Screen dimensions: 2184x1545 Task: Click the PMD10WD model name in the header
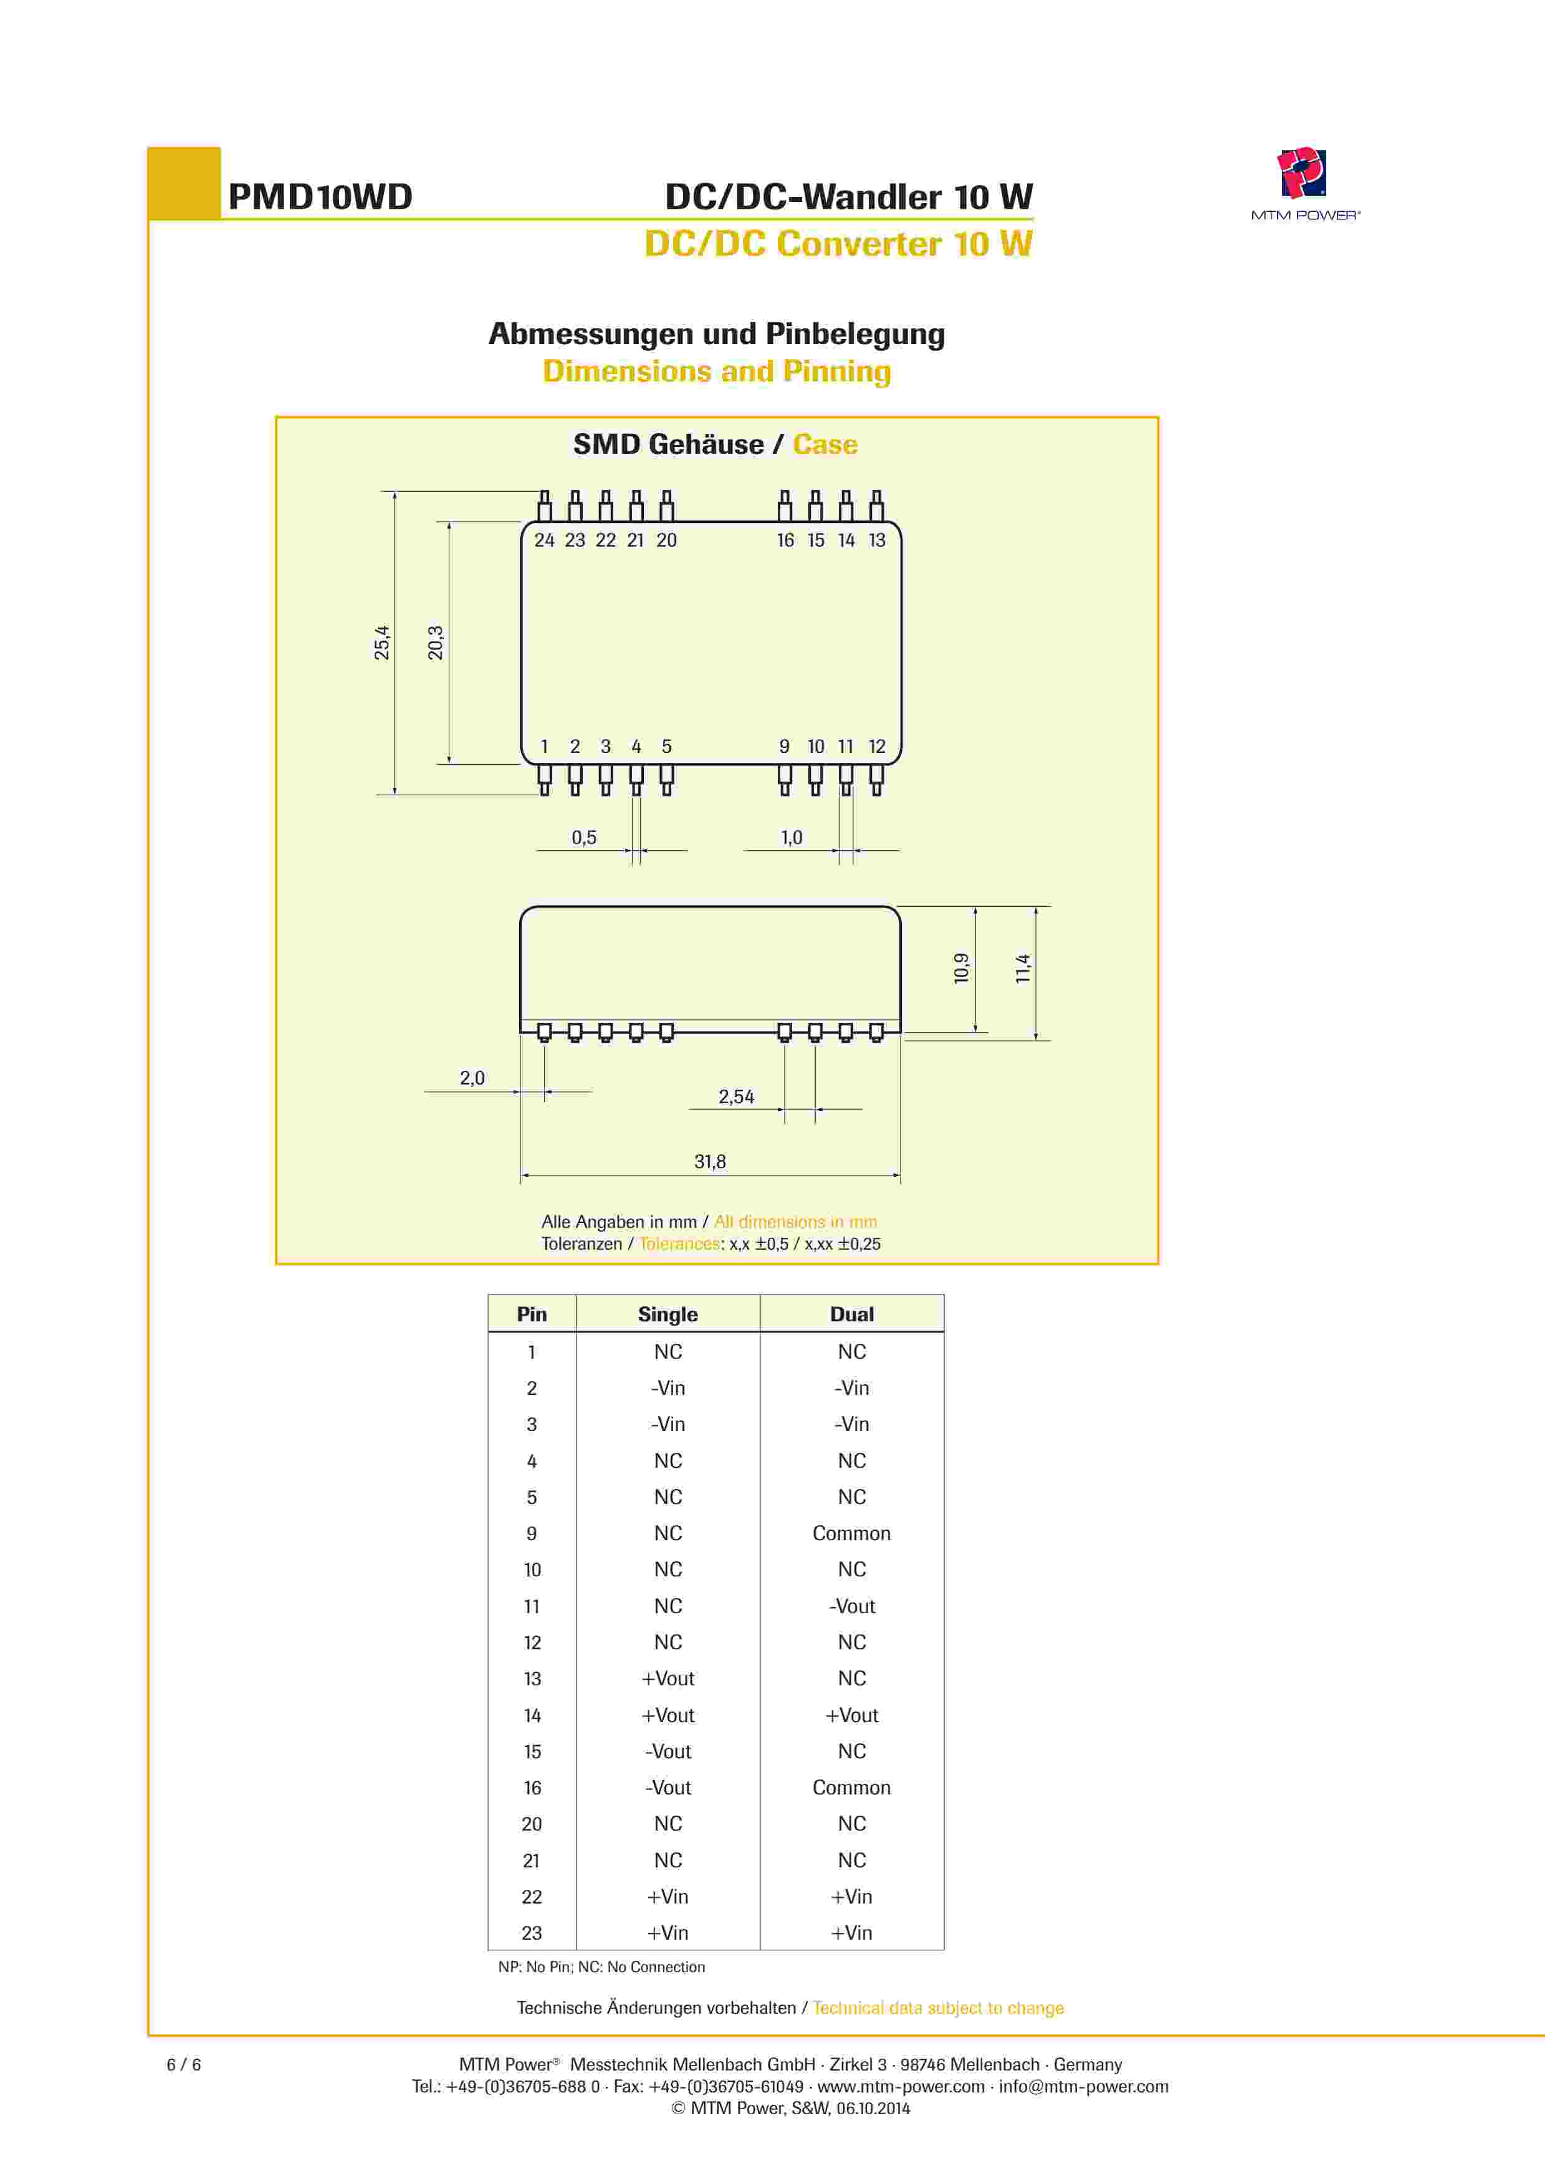[320, 197]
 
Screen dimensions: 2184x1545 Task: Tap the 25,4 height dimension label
[381, 643]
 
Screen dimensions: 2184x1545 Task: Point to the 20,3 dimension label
[435, 643]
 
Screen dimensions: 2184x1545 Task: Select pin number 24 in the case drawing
[544, 540]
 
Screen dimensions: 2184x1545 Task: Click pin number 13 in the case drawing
[876, 540]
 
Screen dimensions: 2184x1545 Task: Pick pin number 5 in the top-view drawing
[666, 747]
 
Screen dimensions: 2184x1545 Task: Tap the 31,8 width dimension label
[710, 1161]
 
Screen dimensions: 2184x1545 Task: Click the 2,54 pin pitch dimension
[736, 1097]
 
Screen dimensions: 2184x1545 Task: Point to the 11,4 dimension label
[1023, 969]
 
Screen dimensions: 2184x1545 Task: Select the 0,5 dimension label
[584, 837]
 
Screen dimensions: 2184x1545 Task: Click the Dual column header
[851, 1315]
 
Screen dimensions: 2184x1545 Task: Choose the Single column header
[668, 1315]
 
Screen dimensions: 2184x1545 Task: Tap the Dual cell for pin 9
[851, 1533]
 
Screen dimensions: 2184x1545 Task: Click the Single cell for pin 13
[668, 1679]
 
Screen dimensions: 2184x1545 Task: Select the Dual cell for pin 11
[851, 1607]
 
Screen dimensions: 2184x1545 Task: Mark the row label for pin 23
[532, 1933]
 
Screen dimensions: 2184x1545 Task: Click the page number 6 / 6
[184, 2064]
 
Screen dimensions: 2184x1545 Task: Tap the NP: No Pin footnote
[601, 1966]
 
